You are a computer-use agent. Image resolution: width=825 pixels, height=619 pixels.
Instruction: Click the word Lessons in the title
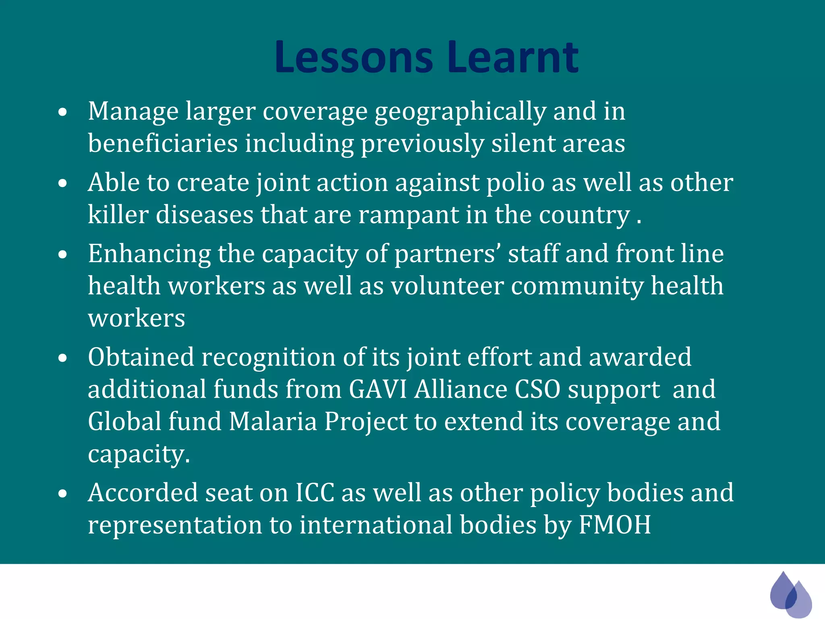pos(354,57)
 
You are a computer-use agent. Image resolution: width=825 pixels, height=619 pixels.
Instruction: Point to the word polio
pos(515,183)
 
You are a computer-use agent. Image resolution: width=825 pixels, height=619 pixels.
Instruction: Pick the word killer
pos(118,215)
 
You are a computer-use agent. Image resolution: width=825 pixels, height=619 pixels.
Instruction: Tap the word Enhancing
pos(149,254)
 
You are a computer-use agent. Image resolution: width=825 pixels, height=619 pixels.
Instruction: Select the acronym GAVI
pos(378,390)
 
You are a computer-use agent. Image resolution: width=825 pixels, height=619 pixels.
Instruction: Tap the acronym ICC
pos(315,493)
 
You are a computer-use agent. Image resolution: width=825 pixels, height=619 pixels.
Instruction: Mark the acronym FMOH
pos(615,525)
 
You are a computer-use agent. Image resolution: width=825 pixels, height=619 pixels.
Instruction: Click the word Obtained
pos(141,357)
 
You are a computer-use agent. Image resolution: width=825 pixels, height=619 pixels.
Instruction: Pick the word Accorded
pos(143,493)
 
